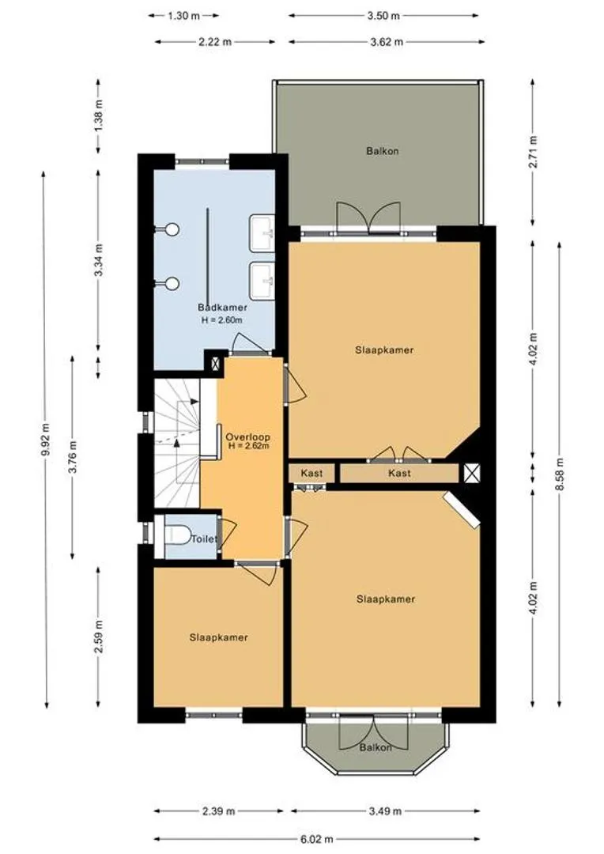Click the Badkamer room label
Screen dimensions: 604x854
[x=222, y=308]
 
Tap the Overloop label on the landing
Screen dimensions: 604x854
[x=247, y=436]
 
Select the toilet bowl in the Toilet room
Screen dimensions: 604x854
[x=176, y=535]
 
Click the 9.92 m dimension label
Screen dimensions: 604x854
[x=46, y=440]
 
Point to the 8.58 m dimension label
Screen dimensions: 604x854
[x=560, y=474]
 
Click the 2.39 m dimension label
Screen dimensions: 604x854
[x=218, y=811]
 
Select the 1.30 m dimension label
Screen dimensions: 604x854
[x=183, y=16]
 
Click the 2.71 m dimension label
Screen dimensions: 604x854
[x=534, y=152]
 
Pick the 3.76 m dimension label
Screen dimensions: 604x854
[x=73, y=458]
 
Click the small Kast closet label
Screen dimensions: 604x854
[x=311, y=473]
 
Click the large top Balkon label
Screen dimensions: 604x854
[x=383, y=151]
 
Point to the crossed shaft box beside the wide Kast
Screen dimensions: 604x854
[x=472, y=473]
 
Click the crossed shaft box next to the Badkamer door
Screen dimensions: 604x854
[x=215, y=363]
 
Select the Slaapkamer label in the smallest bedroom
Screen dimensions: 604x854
[x=219, y=637]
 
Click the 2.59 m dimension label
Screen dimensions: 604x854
[x=98, y=637]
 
